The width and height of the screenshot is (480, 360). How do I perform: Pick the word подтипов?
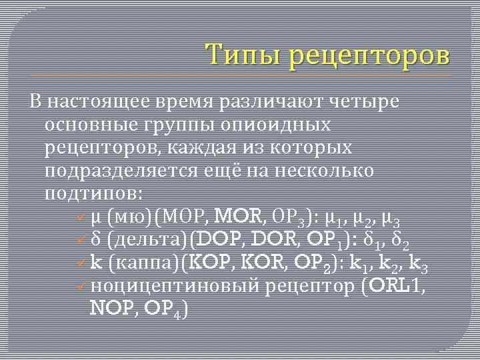click(x=92, y=193)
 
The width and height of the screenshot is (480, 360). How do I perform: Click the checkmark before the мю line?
click(x=80, y=217)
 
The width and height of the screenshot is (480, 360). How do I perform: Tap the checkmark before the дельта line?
click(x=80, y=239)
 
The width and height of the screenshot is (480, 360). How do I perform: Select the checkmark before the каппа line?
click(x=80, y=263)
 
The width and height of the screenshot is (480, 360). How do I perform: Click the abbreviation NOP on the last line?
click(x=109, y=309)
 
